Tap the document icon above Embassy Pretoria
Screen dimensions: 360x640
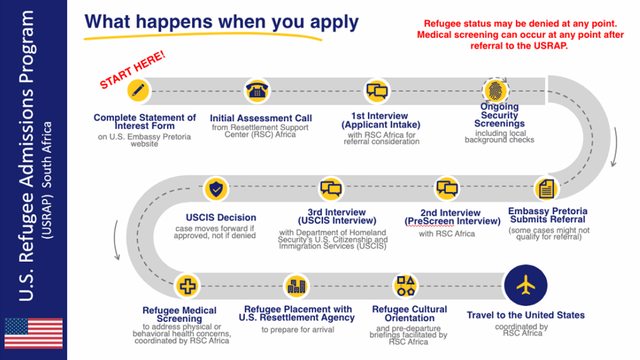pyautogui.click(x=546, y=187)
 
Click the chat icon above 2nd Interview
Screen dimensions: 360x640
pyautogui.click(x=446, y=187)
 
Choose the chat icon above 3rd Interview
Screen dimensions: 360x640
pyautogui.click(x=331, y=187)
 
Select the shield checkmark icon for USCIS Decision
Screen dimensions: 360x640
pyautogui.click(x=215, y=187)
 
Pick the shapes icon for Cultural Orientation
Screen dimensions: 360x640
pyautogui.click(x=406, y=286)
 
